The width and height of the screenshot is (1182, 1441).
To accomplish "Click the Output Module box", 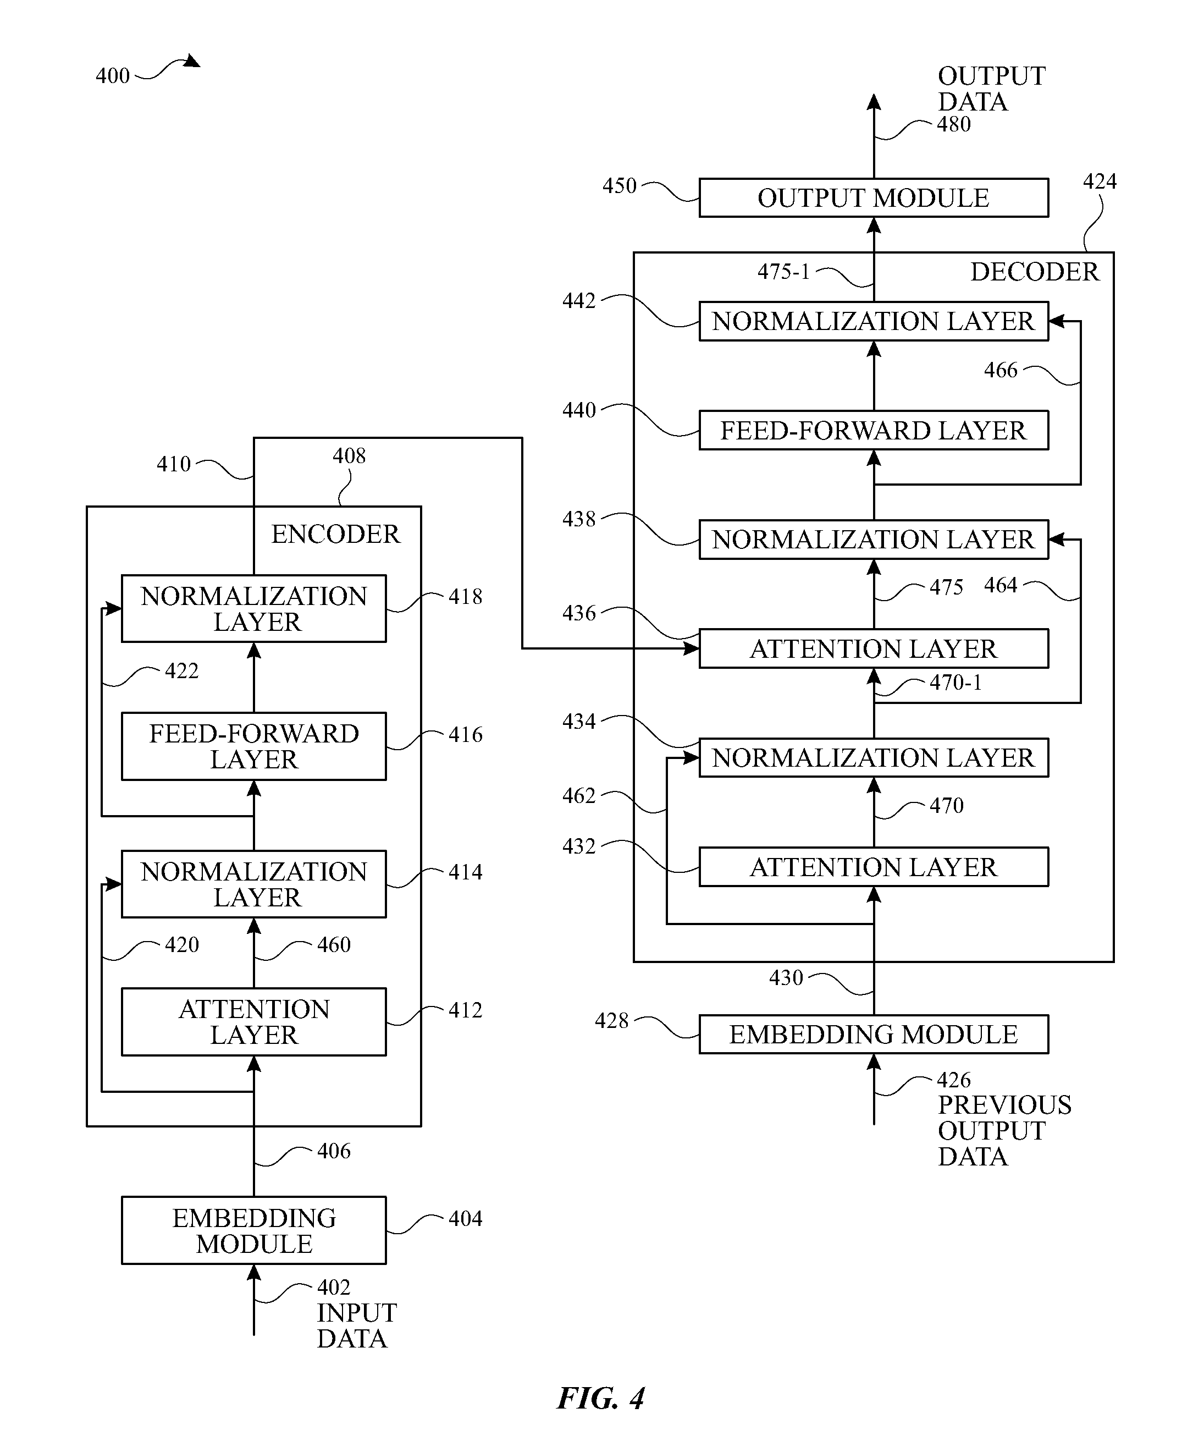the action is click(x=874, y=197).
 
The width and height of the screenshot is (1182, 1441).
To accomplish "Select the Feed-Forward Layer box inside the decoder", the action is click(x=874, y=430).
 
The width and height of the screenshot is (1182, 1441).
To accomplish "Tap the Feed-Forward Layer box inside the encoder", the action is click(x=253, y=746).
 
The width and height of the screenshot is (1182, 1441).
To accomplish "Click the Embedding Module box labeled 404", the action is click(x=253, y=1230).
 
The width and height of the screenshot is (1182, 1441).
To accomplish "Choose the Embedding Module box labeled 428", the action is click(x=874, y=1034).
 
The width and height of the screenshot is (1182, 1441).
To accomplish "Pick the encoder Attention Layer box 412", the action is click(x=253, y=1021).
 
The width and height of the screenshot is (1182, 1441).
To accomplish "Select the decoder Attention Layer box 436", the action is click(x=874, y=648).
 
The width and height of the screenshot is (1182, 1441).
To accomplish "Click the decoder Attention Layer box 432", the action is click(x=874, y=866).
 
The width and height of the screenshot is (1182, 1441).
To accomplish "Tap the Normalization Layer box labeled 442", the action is click(x=874, y=321).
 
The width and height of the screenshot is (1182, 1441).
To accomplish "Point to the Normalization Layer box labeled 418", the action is click(x=253, y=608).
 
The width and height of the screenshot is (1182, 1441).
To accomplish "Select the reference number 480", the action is click(x=954, y=124).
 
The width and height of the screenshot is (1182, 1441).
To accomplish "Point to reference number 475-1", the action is click(x=783, y=272).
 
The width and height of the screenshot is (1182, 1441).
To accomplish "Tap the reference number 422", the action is click(x=182, y=671).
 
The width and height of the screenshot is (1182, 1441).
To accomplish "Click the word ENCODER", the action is click(x=336, y=534).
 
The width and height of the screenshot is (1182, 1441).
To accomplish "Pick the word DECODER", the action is click(x=1034, y=272).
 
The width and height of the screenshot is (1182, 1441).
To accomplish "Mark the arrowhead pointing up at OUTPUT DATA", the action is click(x=874, y=102).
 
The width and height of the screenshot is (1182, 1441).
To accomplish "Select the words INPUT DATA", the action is click(x=357, y=1326).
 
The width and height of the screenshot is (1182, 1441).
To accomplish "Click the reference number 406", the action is click(x=334, y=1151).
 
